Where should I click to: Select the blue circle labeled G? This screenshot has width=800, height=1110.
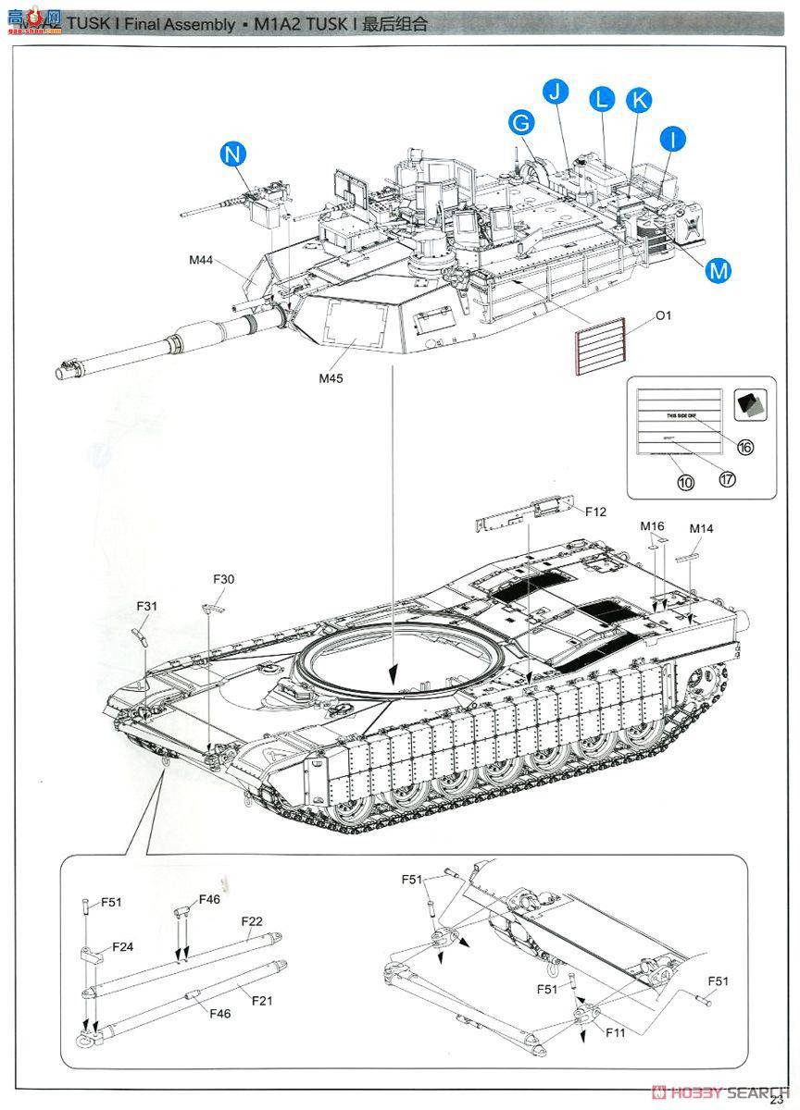coord(521,122)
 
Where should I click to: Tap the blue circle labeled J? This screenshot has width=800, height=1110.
coord(555,92)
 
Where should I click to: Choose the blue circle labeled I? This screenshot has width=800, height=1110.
coord(673,139)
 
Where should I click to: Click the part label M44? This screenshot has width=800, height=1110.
coord(201,261)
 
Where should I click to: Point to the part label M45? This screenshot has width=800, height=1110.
coord(331,377)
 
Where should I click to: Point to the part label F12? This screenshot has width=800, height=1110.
coord(594,512)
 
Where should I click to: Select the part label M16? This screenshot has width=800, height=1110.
coord(653,526)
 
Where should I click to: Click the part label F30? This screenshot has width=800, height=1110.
coord(223,580)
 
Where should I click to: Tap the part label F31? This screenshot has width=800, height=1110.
coord(147,606)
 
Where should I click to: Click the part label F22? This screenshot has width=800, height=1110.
coord(252,921)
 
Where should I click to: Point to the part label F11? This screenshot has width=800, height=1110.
coord(616,1032)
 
